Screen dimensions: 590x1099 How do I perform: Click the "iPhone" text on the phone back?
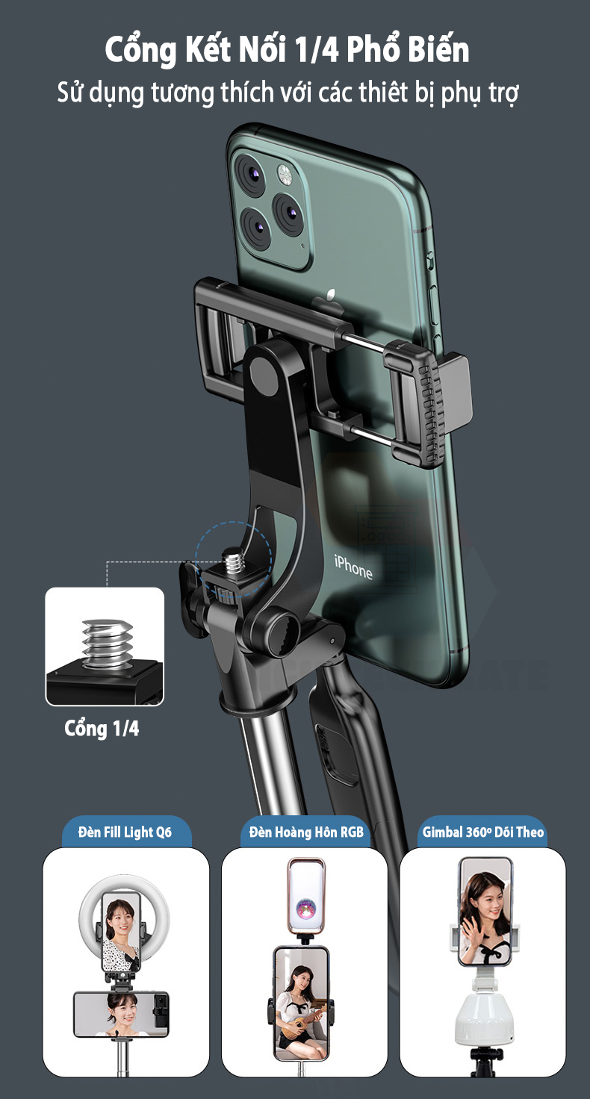pyautogui.click(x=353, y=567)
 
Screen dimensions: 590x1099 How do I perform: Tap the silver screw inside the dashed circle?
pyautogui.click(x=233, y=560)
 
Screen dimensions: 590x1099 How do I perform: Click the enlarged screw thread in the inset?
pyautogui.click(x=107, y=644)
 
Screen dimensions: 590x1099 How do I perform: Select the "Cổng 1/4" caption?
pyautogui.click(x=102, y=729)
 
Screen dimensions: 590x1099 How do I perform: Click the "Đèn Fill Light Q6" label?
pyautogui.click(x=125, y=832)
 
